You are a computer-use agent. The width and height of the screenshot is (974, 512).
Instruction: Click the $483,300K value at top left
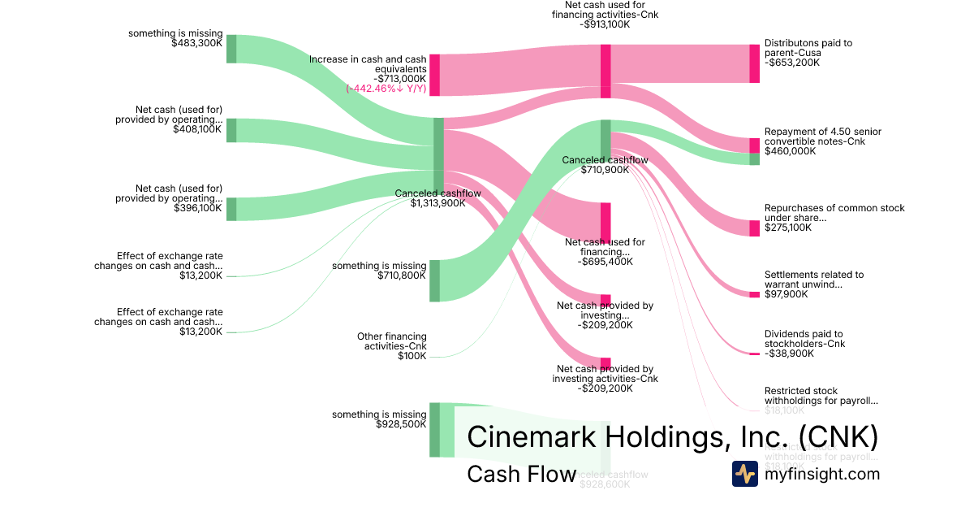tap(196, 43)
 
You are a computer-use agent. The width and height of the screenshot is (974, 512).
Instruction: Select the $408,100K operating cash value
tap(197, 129)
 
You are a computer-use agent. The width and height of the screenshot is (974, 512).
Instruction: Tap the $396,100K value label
tap(197, 208)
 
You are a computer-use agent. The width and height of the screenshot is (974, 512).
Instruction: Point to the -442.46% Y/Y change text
tap(386, 89)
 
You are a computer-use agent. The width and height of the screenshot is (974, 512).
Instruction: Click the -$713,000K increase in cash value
tap(394, 79)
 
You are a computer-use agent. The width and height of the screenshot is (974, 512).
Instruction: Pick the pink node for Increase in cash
tap(434, 75)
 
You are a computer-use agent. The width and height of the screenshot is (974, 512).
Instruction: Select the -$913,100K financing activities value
tap(605, 24)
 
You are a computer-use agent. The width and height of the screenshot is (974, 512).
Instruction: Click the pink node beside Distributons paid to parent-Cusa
tap(754, 63)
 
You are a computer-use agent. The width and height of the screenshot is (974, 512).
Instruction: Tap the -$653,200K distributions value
tap(792, 63)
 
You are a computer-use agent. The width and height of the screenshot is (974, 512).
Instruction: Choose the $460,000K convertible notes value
tap(791, 151)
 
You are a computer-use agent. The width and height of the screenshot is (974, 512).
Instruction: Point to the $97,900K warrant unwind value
tap(787, 294)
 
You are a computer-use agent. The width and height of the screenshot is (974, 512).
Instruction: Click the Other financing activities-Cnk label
tap(391, 341)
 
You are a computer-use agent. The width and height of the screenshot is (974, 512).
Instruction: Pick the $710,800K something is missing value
tap(402, 276)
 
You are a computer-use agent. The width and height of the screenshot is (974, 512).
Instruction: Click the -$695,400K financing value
tap(605, 262)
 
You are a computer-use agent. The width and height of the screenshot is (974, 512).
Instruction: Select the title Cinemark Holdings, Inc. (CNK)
tap(673, 437)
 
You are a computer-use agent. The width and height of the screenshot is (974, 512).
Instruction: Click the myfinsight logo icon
tap(744, 474)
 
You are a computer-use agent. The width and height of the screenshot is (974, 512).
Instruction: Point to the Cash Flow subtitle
tap(521, 474)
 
